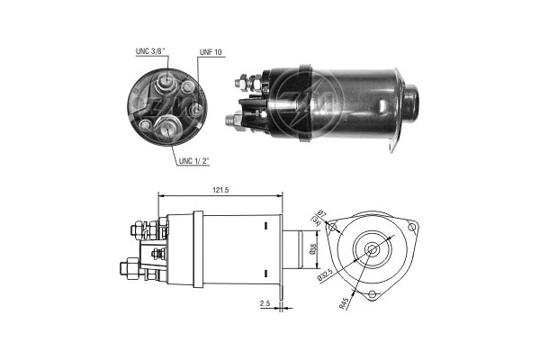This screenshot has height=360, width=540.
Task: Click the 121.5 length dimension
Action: coord(220,191)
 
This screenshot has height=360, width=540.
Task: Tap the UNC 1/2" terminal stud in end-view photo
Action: coord(170,129)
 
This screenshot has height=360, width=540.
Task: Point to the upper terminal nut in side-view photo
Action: coord(246,84)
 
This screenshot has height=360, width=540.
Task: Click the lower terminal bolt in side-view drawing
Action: coord(129,267)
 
